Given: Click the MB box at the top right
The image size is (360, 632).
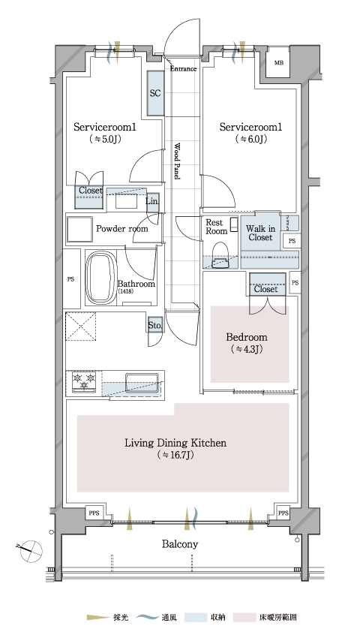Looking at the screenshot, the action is point(278,62).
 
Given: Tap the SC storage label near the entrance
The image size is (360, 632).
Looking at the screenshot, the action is point(155,93).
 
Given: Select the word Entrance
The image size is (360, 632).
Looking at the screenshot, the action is point(183,68).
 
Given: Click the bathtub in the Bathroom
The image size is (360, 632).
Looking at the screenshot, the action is point(101,278).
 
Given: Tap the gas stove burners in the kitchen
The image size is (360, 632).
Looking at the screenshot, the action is point(85,381).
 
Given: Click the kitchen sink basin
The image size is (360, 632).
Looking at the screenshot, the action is point(141,382).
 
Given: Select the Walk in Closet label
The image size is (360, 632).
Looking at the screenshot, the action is point(260,233).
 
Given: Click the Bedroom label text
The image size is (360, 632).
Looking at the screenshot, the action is point(247,337).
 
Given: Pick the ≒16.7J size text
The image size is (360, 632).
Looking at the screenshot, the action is point(175,456).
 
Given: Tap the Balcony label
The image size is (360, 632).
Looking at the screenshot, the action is point(180,544).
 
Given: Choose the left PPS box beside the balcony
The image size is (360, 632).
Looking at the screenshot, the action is point(94,513).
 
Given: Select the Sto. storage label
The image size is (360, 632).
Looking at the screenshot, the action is point(154,325).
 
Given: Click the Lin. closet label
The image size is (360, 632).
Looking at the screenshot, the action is point(151,200).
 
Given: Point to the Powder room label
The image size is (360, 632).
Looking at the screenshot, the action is point(122,229).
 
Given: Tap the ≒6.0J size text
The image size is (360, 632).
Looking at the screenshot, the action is point(250,139).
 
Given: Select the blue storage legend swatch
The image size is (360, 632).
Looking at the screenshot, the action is point(195,617).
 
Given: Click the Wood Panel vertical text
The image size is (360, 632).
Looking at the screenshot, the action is point(177,161).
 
